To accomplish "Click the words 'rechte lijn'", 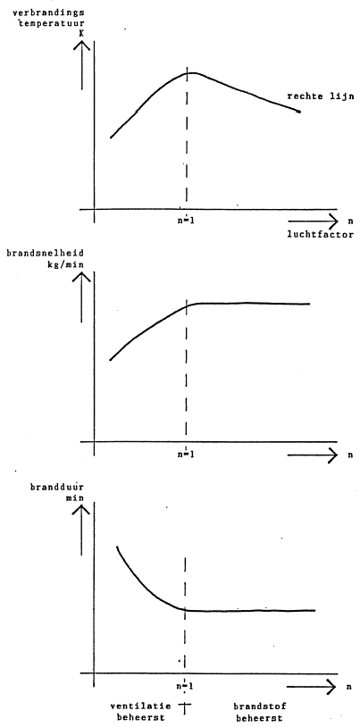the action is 320,96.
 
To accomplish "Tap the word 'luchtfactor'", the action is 320,235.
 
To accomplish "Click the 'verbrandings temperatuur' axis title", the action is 44,16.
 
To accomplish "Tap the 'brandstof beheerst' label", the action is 259,713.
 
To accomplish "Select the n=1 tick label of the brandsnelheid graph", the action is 186,455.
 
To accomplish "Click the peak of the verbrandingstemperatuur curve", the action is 191,73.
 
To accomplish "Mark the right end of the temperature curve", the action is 299,112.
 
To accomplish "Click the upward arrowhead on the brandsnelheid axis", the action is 82,276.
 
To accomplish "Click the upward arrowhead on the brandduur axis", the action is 82,509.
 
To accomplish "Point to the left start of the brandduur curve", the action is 117,547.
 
